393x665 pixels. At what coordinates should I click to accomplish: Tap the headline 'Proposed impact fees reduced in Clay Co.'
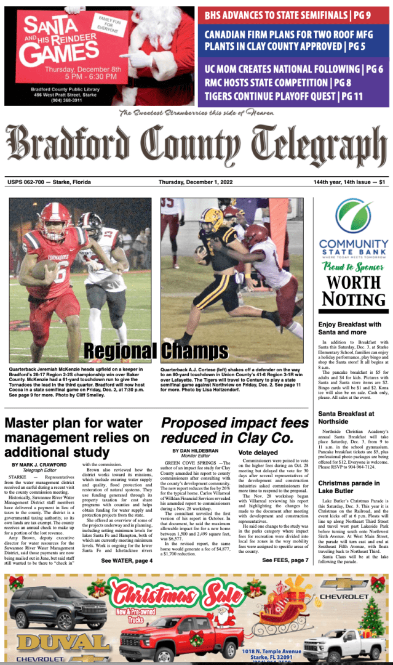(234, 429)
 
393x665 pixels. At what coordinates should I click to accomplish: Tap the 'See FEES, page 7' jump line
(285, 560)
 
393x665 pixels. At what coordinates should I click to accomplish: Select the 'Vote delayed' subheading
(258, 452)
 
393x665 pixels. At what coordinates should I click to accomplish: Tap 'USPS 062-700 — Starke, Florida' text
(49, 182)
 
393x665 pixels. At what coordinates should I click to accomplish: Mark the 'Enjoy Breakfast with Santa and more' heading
(349, 328)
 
